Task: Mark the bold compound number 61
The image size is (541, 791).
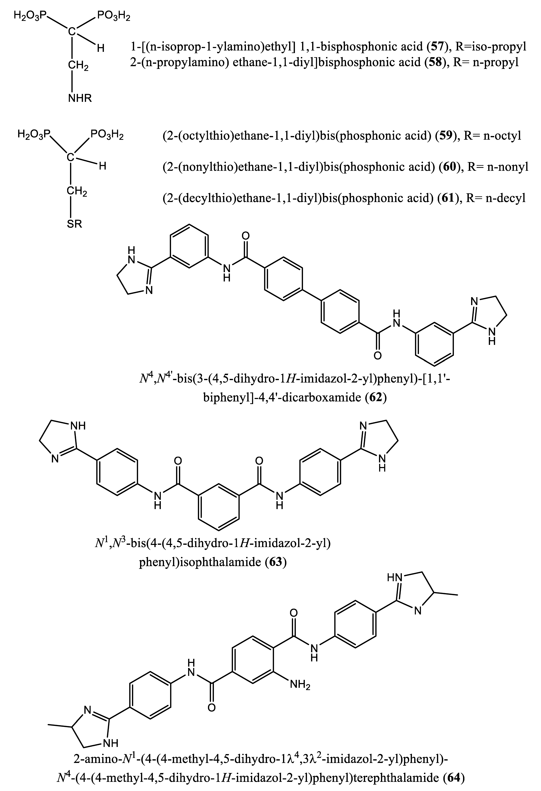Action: click(447, 197)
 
